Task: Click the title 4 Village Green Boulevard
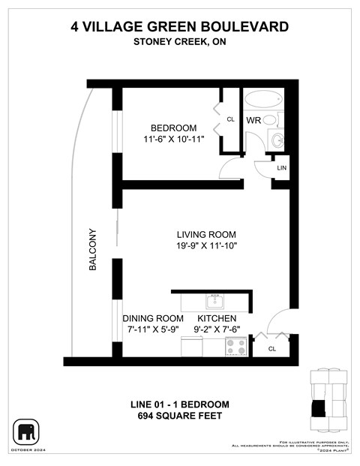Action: [x=179, y=27]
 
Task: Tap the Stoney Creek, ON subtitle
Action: [x=179, y=42]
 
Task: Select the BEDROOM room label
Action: [x=173, y=128]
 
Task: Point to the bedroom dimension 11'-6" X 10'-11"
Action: [x=173, y=140]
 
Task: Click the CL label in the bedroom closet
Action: [x=231, y=119]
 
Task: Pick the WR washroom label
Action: [x=253, y=120]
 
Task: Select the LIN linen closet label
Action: [x=282, y=168]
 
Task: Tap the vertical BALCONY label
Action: [x=93, y=249]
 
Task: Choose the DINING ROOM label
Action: [x=153, y=318]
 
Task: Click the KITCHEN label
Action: [x=218, y=318]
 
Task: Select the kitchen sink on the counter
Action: [x=215, y=301]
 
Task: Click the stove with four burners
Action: [x=238, y=347]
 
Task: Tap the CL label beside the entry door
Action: [x=271, y=348]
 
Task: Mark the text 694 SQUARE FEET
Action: [x=179, y=415]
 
